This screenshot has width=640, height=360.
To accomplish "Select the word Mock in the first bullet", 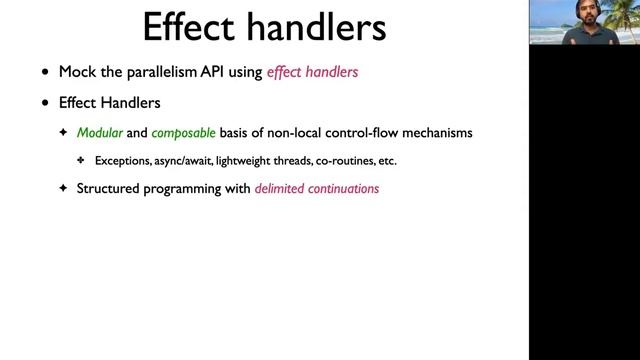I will pyautogui.click(x=79, y=72).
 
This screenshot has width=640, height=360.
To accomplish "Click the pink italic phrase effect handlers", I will pyautogui.click(x=312, y=72).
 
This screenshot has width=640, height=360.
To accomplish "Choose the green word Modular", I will pyautogui.click(x=99, y=133).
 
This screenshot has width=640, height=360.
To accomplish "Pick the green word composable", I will pyautogui.click(x=183, y=133).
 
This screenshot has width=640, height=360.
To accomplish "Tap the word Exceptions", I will pyautogui.click(x=125, y=160).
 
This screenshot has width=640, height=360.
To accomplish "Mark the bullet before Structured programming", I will pyautogui.click(x=63, y=187).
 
